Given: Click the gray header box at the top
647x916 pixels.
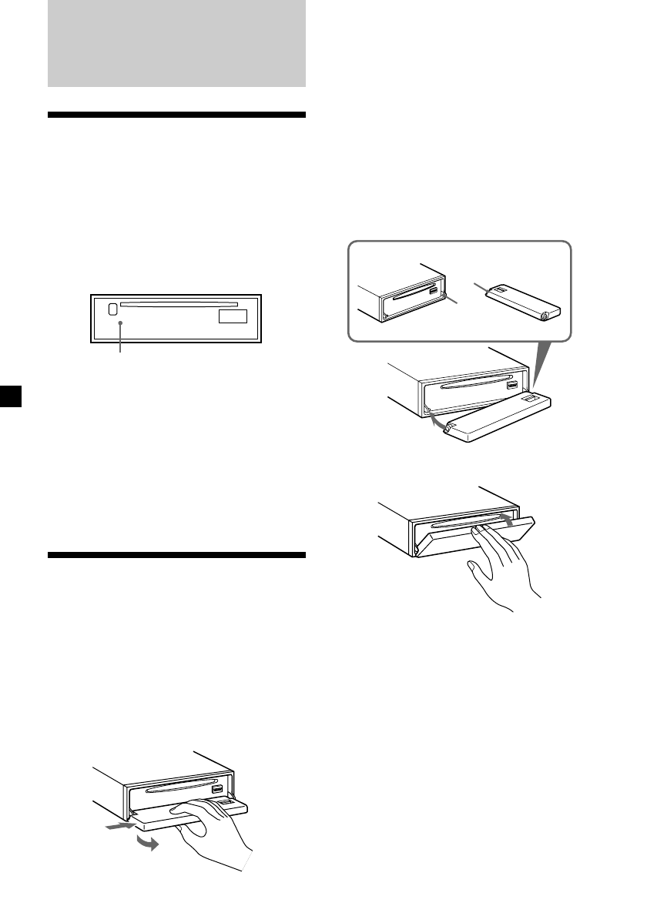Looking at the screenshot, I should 176,43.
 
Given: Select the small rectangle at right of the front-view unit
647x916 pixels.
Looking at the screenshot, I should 233,316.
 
